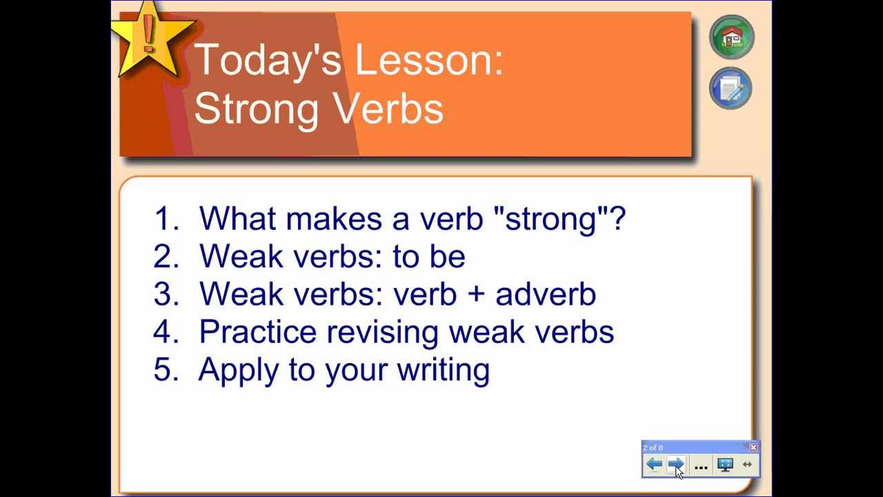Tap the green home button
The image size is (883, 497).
732,37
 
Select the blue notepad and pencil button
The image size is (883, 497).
731,88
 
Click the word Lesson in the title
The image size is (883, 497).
429,59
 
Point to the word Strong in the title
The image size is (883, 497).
257,109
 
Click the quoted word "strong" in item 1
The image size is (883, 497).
551,220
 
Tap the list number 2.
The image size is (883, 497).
166,256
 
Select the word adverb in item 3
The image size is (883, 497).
546,294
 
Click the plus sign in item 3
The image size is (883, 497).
476,295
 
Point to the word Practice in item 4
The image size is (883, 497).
258,332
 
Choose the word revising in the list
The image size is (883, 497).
382,333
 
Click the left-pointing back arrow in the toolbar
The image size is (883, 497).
655,465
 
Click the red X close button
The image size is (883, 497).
753,447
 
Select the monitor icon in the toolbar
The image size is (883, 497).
725,465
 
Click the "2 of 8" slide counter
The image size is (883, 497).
653,448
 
